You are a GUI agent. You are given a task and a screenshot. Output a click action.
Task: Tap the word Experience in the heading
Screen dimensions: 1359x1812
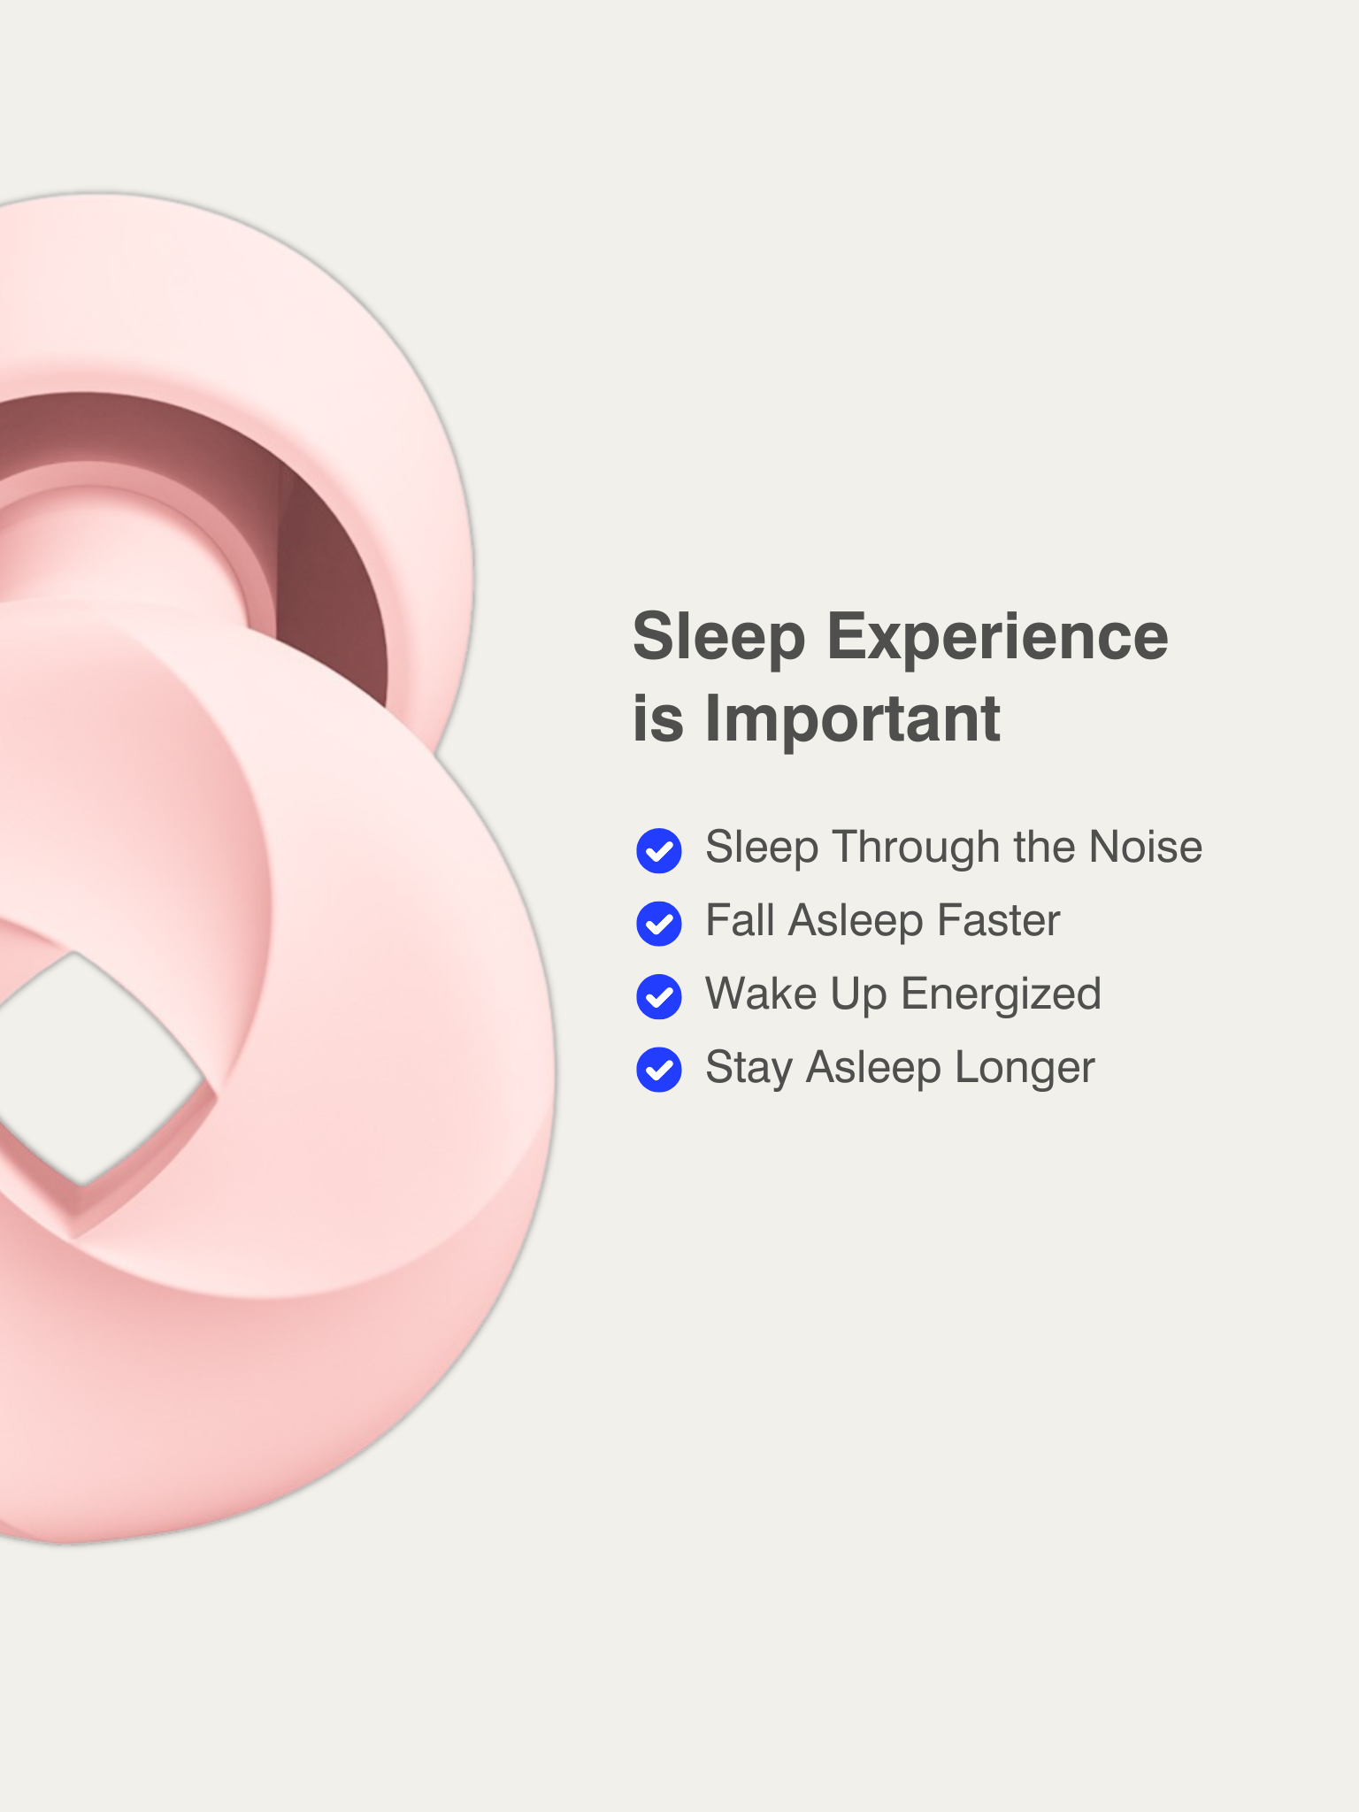998,638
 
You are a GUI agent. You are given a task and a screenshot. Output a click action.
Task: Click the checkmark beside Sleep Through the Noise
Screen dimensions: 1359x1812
659,851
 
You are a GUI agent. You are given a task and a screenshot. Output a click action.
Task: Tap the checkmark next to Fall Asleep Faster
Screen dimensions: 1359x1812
659,924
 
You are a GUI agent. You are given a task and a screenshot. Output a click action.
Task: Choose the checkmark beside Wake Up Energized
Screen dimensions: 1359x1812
659,997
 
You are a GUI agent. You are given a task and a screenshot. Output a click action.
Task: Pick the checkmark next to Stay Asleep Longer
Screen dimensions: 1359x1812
659,1070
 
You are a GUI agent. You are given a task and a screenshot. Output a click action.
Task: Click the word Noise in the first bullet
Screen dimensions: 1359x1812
1146,847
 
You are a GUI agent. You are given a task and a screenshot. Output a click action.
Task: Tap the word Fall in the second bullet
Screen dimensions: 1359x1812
740,920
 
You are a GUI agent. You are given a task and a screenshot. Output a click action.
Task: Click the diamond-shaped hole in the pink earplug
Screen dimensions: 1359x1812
88,1071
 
